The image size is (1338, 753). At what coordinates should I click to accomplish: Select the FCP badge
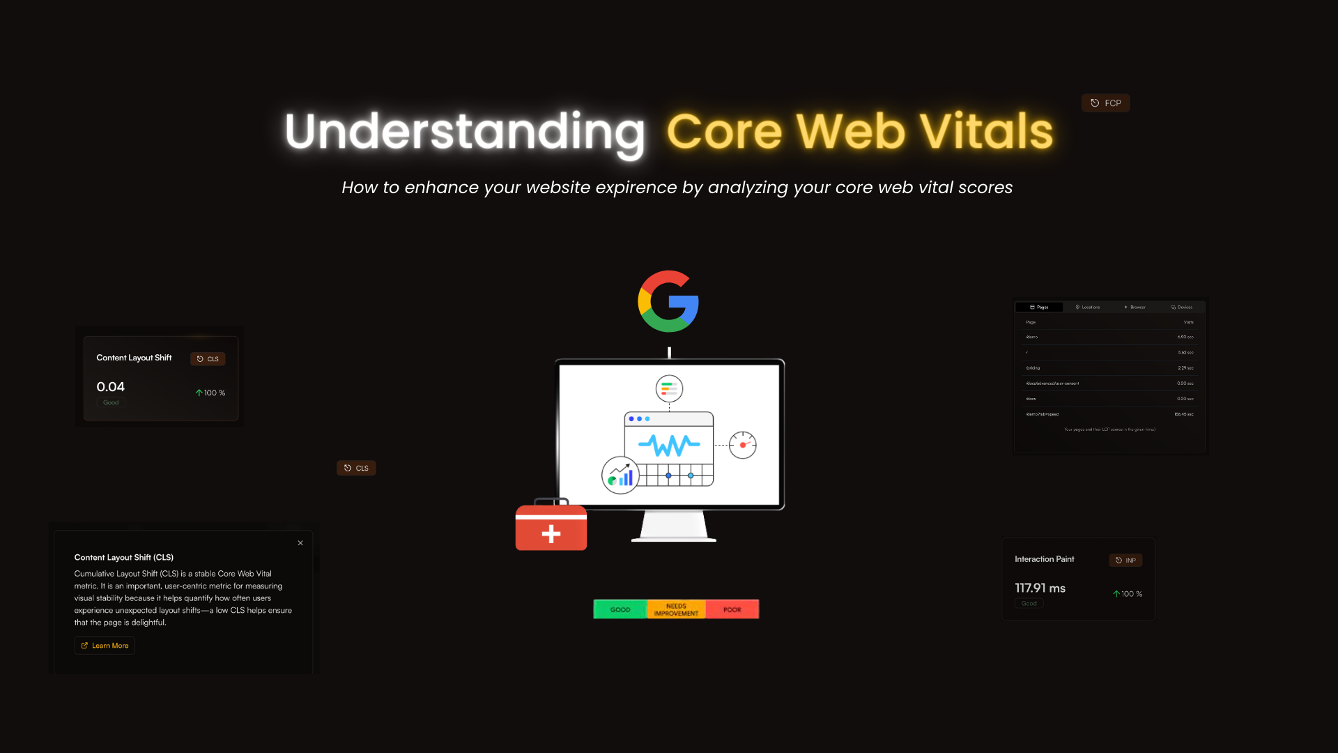tap(1106, 103)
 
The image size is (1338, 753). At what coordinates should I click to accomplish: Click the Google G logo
tap(668, 301)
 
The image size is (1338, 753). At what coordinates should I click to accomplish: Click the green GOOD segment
tap(620, 609)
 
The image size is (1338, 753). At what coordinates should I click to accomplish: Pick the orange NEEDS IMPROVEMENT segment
tap(676, 609)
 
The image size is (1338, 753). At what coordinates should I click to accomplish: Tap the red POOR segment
tap(732, 609)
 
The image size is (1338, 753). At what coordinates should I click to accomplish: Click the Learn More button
tap(105, 646)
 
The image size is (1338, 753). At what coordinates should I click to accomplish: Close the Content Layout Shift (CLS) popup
tap(300, 543)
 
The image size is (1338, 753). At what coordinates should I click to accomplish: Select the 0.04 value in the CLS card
tap(111, 387)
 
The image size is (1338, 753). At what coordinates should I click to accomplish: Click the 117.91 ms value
tap(1040, 588)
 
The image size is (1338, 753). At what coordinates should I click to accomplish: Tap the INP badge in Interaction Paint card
tap(1125, 561)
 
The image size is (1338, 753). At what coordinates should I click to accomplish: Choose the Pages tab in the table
tap(1039, 307)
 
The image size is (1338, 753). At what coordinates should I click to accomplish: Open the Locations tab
tap(1088, 307)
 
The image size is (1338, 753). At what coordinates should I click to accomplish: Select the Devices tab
tap(1182, 307)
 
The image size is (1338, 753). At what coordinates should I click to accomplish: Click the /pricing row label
tap(1033, 368)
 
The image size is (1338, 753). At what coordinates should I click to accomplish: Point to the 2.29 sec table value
tap(1185, 368)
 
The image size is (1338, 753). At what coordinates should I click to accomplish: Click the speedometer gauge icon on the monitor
tap(743, 445)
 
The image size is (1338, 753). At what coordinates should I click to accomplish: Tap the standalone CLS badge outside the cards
tap(356, 468)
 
